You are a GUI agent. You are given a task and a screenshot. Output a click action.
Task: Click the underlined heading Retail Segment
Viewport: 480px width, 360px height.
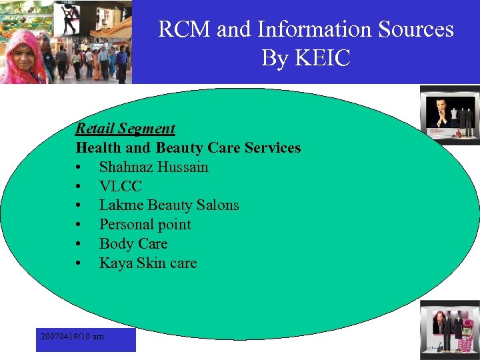tap(125, 128)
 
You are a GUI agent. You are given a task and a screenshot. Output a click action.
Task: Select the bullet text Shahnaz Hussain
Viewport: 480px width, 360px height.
tap(153, 167)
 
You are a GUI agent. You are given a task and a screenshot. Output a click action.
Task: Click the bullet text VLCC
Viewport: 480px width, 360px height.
tap(121, 186)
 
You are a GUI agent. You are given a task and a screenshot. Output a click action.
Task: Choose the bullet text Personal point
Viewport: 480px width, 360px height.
tap(145, 225)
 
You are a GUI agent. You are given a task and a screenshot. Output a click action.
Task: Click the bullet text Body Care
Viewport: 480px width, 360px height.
tap(133, 244)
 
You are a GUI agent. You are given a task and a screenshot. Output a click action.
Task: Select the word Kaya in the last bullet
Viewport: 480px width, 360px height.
tap(115, 263)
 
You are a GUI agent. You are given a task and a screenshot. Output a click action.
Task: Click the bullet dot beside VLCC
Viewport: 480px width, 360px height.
tap(79, 187)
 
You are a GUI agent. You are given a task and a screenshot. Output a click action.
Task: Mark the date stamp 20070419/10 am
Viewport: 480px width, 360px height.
tap(72, 337)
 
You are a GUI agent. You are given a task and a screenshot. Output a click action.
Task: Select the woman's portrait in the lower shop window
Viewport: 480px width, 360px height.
tap(441, 325)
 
